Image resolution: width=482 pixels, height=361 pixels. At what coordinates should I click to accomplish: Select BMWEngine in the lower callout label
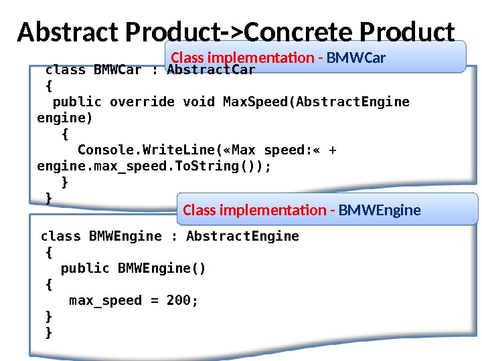point(380,211)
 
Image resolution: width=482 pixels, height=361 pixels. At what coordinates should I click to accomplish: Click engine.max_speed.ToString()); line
point(154,166)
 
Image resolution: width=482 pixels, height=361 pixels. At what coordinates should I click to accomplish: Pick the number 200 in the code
point(179,301)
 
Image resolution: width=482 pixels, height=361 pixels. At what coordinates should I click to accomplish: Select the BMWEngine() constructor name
point(162,269)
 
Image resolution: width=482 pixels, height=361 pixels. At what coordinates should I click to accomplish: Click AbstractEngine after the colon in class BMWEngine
point(242,237)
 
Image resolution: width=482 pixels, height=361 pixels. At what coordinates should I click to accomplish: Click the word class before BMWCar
point(65,70)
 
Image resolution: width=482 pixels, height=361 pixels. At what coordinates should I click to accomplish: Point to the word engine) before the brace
point(65,118)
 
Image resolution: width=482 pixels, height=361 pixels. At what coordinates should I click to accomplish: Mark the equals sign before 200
point(154,301)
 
